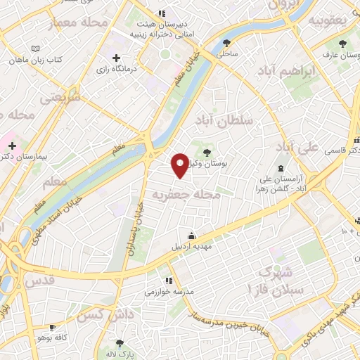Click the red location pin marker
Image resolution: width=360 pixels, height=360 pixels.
pos(181,165)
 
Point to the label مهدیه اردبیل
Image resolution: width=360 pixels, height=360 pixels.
pos(191,247)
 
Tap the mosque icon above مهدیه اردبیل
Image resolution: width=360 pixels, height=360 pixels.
pos(191,235)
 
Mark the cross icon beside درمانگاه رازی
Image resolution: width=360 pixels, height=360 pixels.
pos(117,58)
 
